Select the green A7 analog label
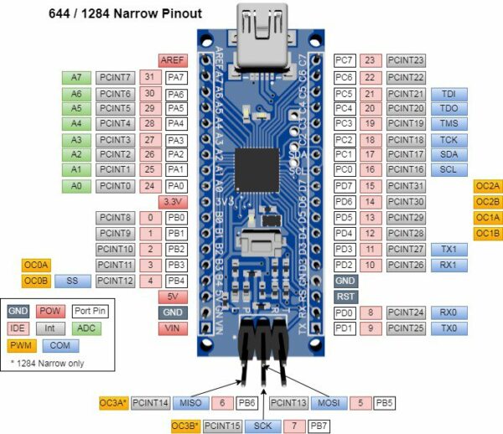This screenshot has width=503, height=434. pos(75,77)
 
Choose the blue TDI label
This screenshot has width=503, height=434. pos(449,93)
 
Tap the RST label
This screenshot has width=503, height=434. pos(345,296)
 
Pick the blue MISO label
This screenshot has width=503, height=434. pos(192,403)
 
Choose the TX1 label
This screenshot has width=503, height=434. pos(449,249)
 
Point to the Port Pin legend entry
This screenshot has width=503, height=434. pos(89,310)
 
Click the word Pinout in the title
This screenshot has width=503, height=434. pos(178,13)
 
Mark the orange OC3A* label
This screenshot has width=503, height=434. pos(114,403)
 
